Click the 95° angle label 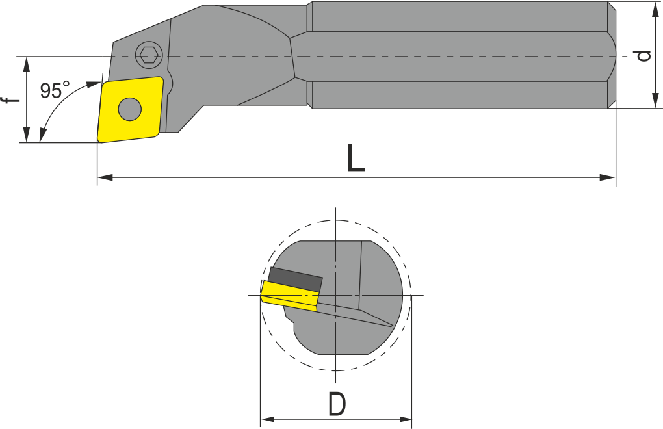coord(55,90)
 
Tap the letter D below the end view coord(336,405)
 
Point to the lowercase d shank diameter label coord(643,56)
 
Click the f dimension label coord(9,100)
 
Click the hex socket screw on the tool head coord(149,56)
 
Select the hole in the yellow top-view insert coord(130,109)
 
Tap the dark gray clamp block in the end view coord(296,279)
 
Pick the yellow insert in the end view coord(289,296)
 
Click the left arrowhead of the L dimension coord(104,177)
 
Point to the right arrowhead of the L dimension coord(608,177)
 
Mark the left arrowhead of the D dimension coord(266,419)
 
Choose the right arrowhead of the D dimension coord(405,419)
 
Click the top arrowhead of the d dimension coord(655,9)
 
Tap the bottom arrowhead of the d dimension coord(655,100)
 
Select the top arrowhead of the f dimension coord(26,64)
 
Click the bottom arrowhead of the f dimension coord(26,135)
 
